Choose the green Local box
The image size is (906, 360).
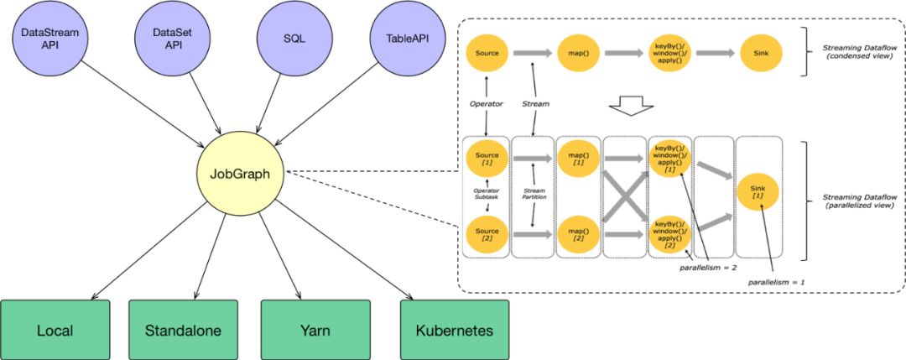tap(55, 330)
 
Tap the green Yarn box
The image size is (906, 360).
tap(315, 330)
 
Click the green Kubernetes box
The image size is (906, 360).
tap(454, 330)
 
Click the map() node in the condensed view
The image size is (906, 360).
tap(578, 53)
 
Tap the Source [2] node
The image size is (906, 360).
tap(487, 234)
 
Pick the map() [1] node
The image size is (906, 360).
tap(578, 159)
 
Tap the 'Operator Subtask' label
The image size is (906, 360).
tap(487, 196)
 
